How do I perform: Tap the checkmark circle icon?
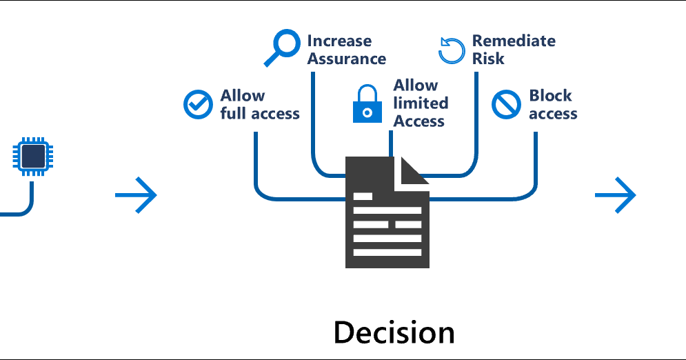(198, 104)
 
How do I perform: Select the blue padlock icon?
(367, 105)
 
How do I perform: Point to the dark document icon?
(387, 214)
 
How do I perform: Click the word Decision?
(394, 332)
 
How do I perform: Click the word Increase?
(339, 41)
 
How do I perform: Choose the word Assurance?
(347, 59)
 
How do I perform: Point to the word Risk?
(488, 59)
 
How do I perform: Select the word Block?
(550, 96)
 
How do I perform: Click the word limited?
(421, 103)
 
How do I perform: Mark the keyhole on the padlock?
(367, 112)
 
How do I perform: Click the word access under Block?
(553, 114)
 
